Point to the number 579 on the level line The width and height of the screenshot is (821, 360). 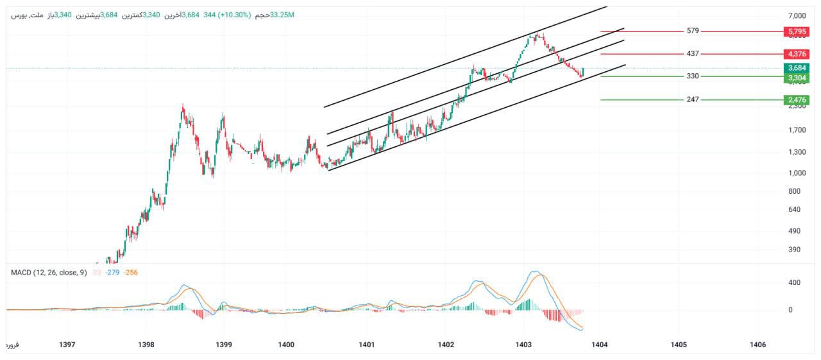[692, 31]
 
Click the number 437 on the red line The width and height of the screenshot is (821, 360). [692, 54]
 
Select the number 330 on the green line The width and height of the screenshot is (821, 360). [692, 76]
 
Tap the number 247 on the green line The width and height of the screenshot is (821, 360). [692, 99]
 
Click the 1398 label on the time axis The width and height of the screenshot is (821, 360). [146, 345]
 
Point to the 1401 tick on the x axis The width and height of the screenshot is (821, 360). [366, 345]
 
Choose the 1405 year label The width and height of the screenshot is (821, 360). [679, 345]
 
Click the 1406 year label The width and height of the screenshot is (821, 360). [758, 345]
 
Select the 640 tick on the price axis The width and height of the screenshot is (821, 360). [795, 209]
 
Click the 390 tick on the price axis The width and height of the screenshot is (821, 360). [795, 250]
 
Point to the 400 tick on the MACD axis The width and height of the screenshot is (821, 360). [795, 282]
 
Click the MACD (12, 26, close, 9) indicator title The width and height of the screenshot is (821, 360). [49, 273]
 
